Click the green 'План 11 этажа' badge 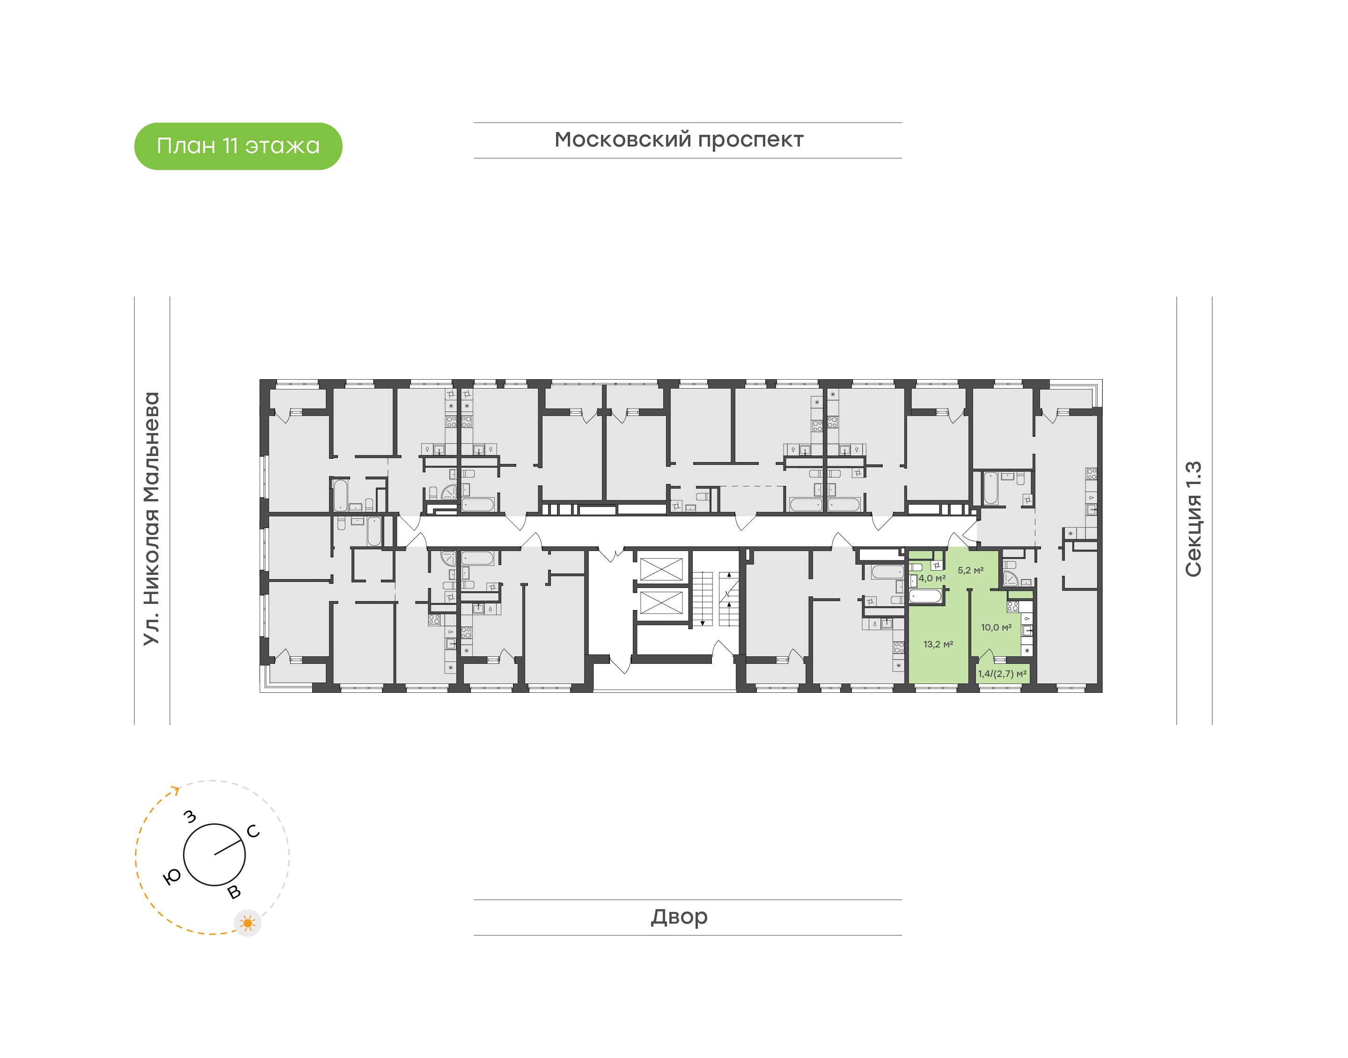tap(238, 146)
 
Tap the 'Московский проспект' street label tap(679, 140)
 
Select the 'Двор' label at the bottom tap(679, 917)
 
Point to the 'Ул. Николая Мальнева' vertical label tap(152, 519)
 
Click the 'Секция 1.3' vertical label tap(1193, 519)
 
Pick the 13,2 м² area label tap(938, 644)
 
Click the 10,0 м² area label tap(996, 627)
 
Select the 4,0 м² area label tap(932, 579)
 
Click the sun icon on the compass tap(248, 924)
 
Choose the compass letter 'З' tap(190, 817)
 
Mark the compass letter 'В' tap(234, 892)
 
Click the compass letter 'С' tap(253, 831)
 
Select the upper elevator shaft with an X tap(661, 569)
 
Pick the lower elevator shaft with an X tap(661, 602)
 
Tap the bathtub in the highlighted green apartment tap(925, 596)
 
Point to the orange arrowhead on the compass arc tap(176, 790)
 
